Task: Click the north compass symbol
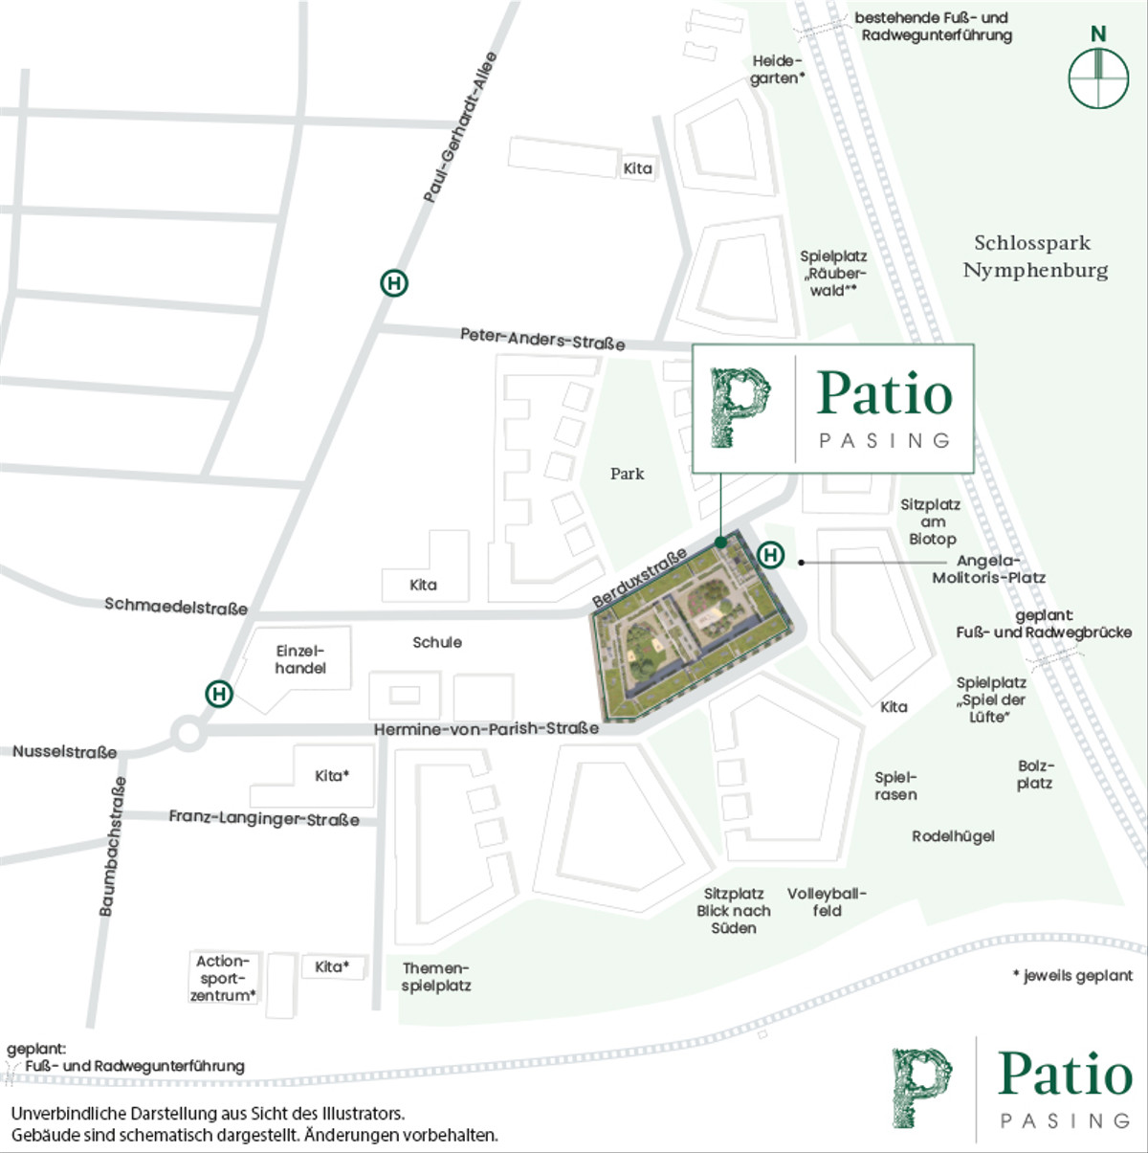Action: pyautogui.click(x=1098, y=77)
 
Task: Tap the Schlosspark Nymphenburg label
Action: pyautogui.click(x=1034, y=256)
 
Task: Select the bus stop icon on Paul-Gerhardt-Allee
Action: pyautogui.click(x=393, y=283)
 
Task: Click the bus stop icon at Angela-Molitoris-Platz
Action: pyautogui.click(x=770, y=555)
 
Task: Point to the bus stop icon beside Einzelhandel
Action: pyautogui.click(x=219, y=694)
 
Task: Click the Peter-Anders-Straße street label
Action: pyautogui.click(x=542, y=338)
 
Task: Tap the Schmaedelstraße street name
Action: pyautogui.click(x=176, y=606)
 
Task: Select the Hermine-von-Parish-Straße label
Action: pyautogui.click(x=486, y=729)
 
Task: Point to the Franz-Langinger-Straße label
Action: pyautogui.click(x=264, y=817)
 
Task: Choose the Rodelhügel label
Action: pyautogui.click(x=953, y=836)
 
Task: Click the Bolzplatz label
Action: pyautogui.click(x=1034, y=775)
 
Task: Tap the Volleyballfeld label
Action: pyautogui.click(x=827, y=902)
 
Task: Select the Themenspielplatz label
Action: pyautogui.click(x=436, y=977)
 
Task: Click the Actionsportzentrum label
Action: pyautogui.click(x=223, y=978)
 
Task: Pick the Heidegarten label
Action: pyautogui.click(x=776, y=70)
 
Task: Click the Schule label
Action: pyautogui.click(x=437, y=642)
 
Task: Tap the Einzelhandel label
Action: pyautogui.click(x=300, y=659)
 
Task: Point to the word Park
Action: pyautogui.click(x=627, y=474)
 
